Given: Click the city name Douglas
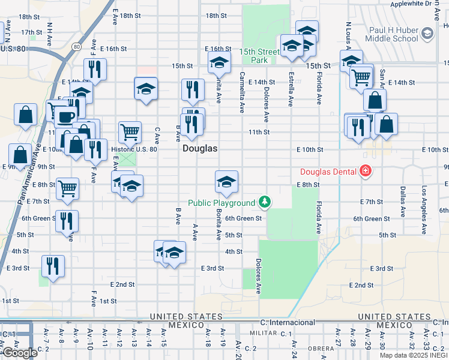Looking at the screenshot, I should click(200, 148).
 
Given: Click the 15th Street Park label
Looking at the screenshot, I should click(260, 56).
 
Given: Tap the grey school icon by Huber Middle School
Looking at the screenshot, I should click(427, 33).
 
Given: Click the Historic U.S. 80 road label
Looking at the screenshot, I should click(134, 149).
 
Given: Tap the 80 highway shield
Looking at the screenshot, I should click(76, 46).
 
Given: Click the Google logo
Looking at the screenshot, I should click(19, 353).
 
